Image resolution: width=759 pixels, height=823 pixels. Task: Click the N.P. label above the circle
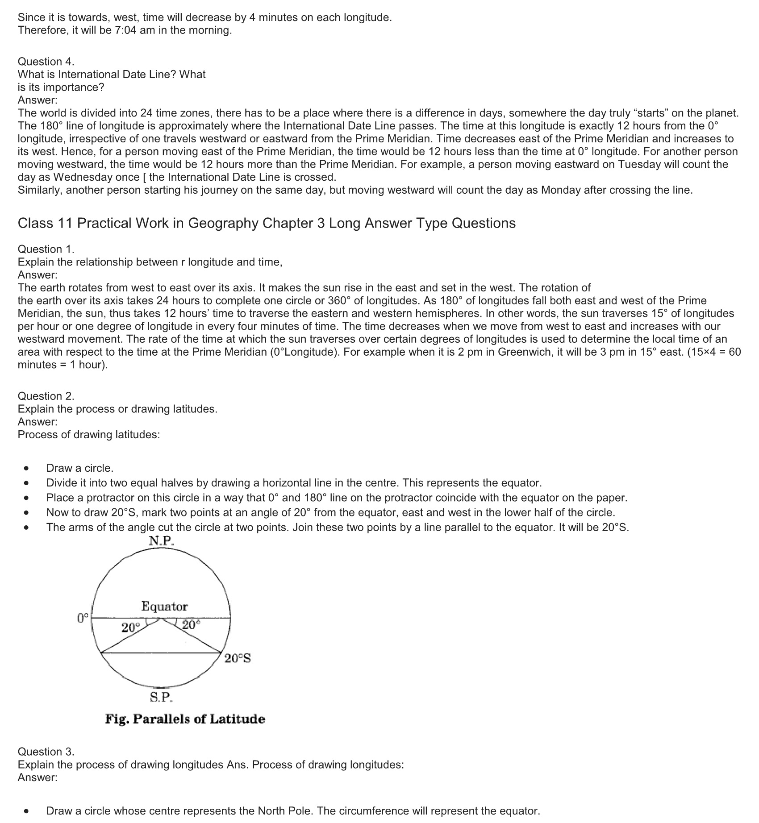[161, 541]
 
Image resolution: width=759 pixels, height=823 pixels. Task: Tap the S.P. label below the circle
[161, 697]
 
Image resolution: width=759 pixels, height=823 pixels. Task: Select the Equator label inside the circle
[164, 606]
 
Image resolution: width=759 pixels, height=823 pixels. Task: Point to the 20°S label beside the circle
[238, 658]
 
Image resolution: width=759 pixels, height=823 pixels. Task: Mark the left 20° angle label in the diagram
[131, 628]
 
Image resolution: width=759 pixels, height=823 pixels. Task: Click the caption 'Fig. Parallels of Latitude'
[185, 719]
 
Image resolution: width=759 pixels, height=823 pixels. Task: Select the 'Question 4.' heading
[46, 62]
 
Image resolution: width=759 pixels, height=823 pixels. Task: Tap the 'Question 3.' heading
[46, 752]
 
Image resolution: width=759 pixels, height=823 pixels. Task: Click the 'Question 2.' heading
[46, 396]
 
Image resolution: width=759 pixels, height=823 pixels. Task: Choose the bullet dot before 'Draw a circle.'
[27, 468]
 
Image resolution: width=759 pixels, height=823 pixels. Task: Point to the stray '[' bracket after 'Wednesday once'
[144, 177]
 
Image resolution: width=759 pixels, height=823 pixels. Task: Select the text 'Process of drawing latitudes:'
[89, 435]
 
